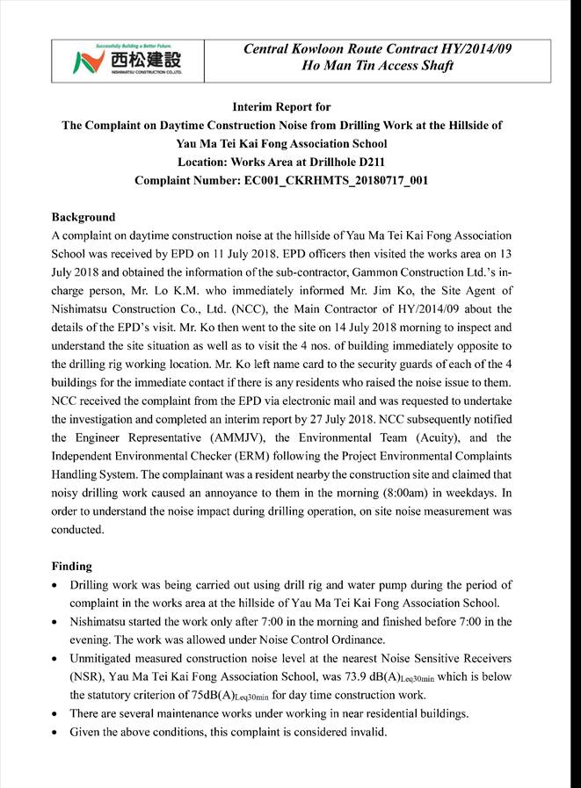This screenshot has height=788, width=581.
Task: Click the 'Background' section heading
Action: pos(84,217)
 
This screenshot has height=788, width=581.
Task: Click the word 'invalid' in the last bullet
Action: pos(362,732)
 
